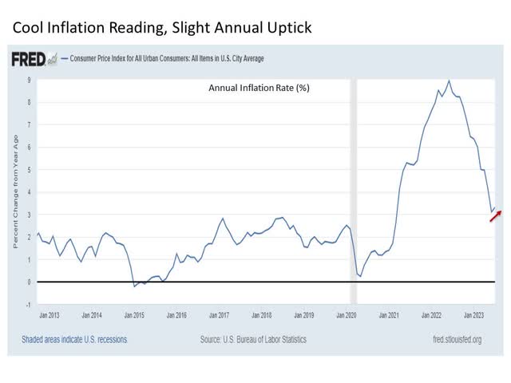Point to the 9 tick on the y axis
pos(29,80)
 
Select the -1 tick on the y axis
pos(28,305)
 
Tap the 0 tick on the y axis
pos(29,282)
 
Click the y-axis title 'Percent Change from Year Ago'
pos(15,191)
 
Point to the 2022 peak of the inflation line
pos(449,81)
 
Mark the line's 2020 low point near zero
pos(360,276)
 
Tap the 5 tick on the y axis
pos(29,170)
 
